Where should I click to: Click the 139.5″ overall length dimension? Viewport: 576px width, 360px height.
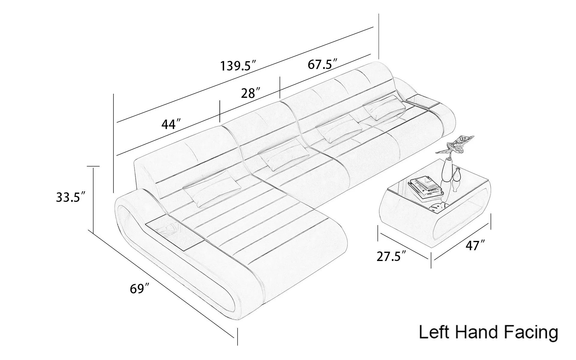(x=238, y=66)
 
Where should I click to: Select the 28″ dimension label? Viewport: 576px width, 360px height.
(x=250, y=93)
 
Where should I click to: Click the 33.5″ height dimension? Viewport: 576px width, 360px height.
(x=71, y=197)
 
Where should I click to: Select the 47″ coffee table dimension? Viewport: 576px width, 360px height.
(x=475, y=245)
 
